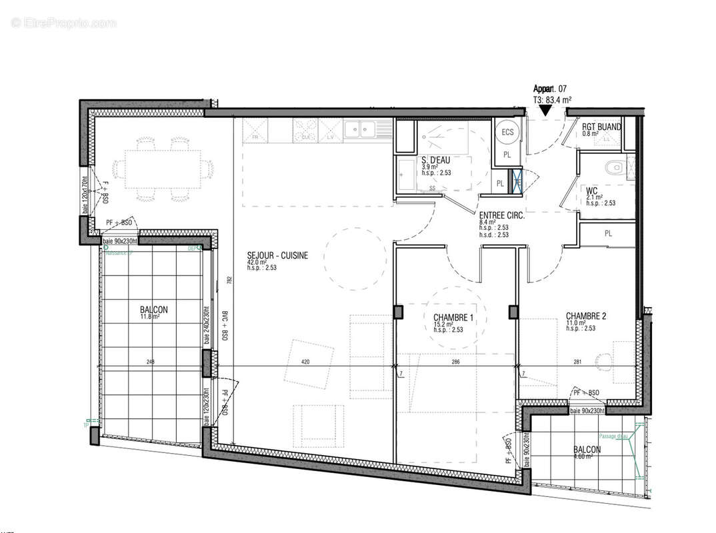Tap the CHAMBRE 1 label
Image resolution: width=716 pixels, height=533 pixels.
tap(453, 317)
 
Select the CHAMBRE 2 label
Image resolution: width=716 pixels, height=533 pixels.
tap(586, 316)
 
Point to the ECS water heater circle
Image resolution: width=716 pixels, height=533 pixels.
tap(508, 132)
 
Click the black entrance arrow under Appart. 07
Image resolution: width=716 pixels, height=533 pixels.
tap(546, 111)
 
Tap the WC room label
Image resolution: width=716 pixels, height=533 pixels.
tap(592, 190)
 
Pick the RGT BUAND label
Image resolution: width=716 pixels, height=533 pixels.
tap(601, 127)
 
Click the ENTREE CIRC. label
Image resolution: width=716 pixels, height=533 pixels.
tap(501, 216)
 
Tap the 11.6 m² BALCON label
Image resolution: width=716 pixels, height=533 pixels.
tap(154, 310)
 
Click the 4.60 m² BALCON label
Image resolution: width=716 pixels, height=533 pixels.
tap(587, 450)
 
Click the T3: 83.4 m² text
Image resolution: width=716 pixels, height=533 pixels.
tap(553, 100)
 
